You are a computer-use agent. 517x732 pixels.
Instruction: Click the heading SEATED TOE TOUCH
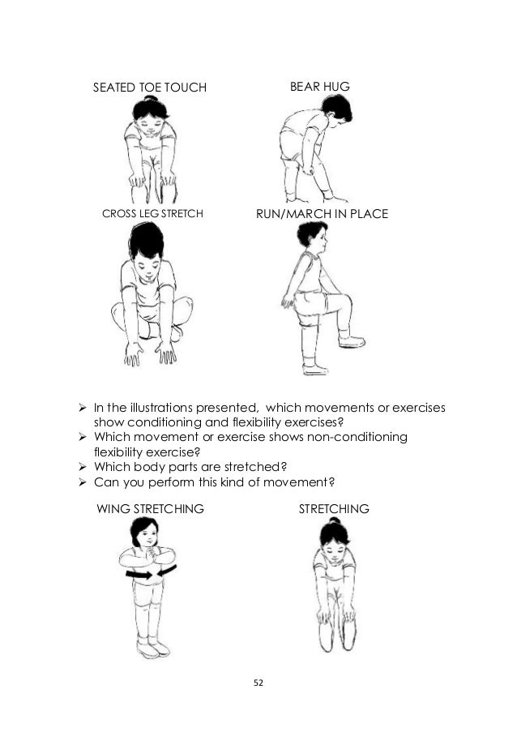(x=150, y=88)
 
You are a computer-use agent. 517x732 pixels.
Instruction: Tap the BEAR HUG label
(x=319, y=87)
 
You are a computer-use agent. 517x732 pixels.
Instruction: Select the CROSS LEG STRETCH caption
(x=152, y=213)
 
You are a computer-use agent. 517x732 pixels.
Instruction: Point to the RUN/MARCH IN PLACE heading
(x=322, y=214)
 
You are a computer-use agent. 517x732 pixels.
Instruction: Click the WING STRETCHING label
(x=150, y=508)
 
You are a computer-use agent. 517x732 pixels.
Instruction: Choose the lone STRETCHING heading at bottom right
(x=334, y=508)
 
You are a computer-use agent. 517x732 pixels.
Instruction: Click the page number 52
(x=258, y=683)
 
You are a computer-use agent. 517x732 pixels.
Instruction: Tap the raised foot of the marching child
(x=352, y=342)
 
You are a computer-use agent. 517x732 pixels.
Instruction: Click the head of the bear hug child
(x=338, y=108)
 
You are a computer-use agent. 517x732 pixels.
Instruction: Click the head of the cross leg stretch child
(x=147, y=252)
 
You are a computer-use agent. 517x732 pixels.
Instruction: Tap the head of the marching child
(x=313, y=238)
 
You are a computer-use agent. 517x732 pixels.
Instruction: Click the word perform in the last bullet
(x=171, y=482)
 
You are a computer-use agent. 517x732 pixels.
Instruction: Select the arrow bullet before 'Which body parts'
(x=83, y=467)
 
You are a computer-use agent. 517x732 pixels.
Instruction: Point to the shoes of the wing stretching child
(x=153, y=648)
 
